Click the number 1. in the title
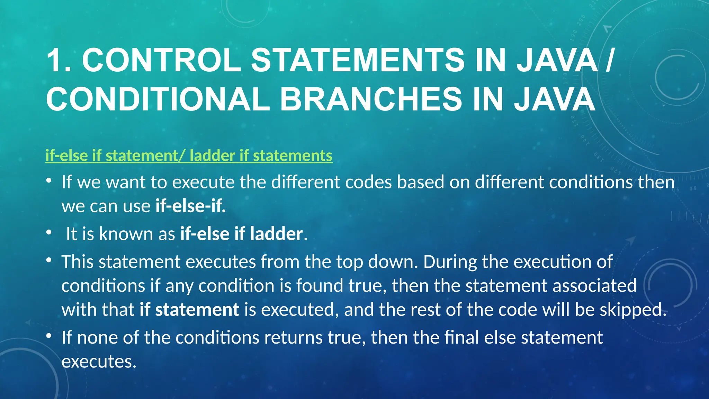59,60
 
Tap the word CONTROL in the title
161,60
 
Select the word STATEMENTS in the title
357,60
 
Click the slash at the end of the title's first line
610,60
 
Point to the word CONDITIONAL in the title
158,99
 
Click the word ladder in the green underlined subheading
212,156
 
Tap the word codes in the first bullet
368,182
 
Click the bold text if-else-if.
191,206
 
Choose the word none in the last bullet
97,337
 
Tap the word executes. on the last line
99,362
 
